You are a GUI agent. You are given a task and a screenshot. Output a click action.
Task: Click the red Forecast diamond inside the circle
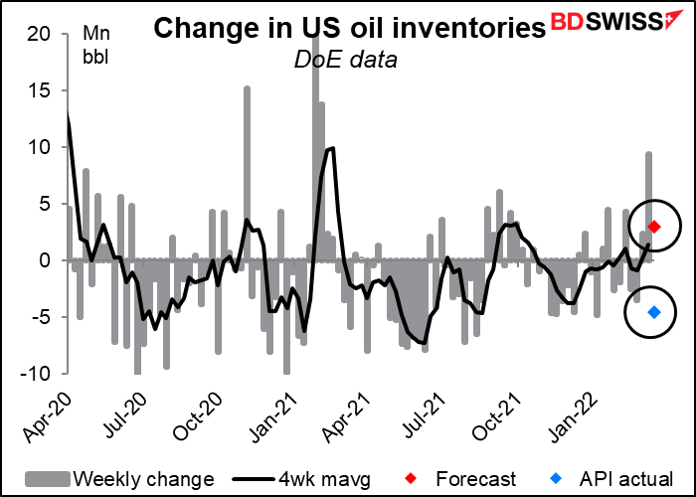(x=654, y=227)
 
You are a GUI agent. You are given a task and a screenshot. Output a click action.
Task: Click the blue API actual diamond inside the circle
(x=654, y=312)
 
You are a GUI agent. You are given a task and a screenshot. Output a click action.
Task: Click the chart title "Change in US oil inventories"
(x=349, y=29)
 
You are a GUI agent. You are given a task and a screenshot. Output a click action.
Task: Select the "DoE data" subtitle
(x=345, y=61)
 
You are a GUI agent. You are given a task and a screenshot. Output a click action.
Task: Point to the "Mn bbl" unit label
(x=96, y=46)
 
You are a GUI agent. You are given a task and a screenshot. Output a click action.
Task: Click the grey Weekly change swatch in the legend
(x=48, y=479)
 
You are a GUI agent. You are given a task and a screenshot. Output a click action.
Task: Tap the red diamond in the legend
(x=412, y=479)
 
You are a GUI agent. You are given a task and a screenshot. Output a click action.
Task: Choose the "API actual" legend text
(x=626, y=479)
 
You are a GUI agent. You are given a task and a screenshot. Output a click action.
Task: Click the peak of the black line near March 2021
(x=333, y=148)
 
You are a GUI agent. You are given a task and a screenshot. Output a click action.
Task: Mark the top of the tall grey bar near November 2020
(x=248, y=87)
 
